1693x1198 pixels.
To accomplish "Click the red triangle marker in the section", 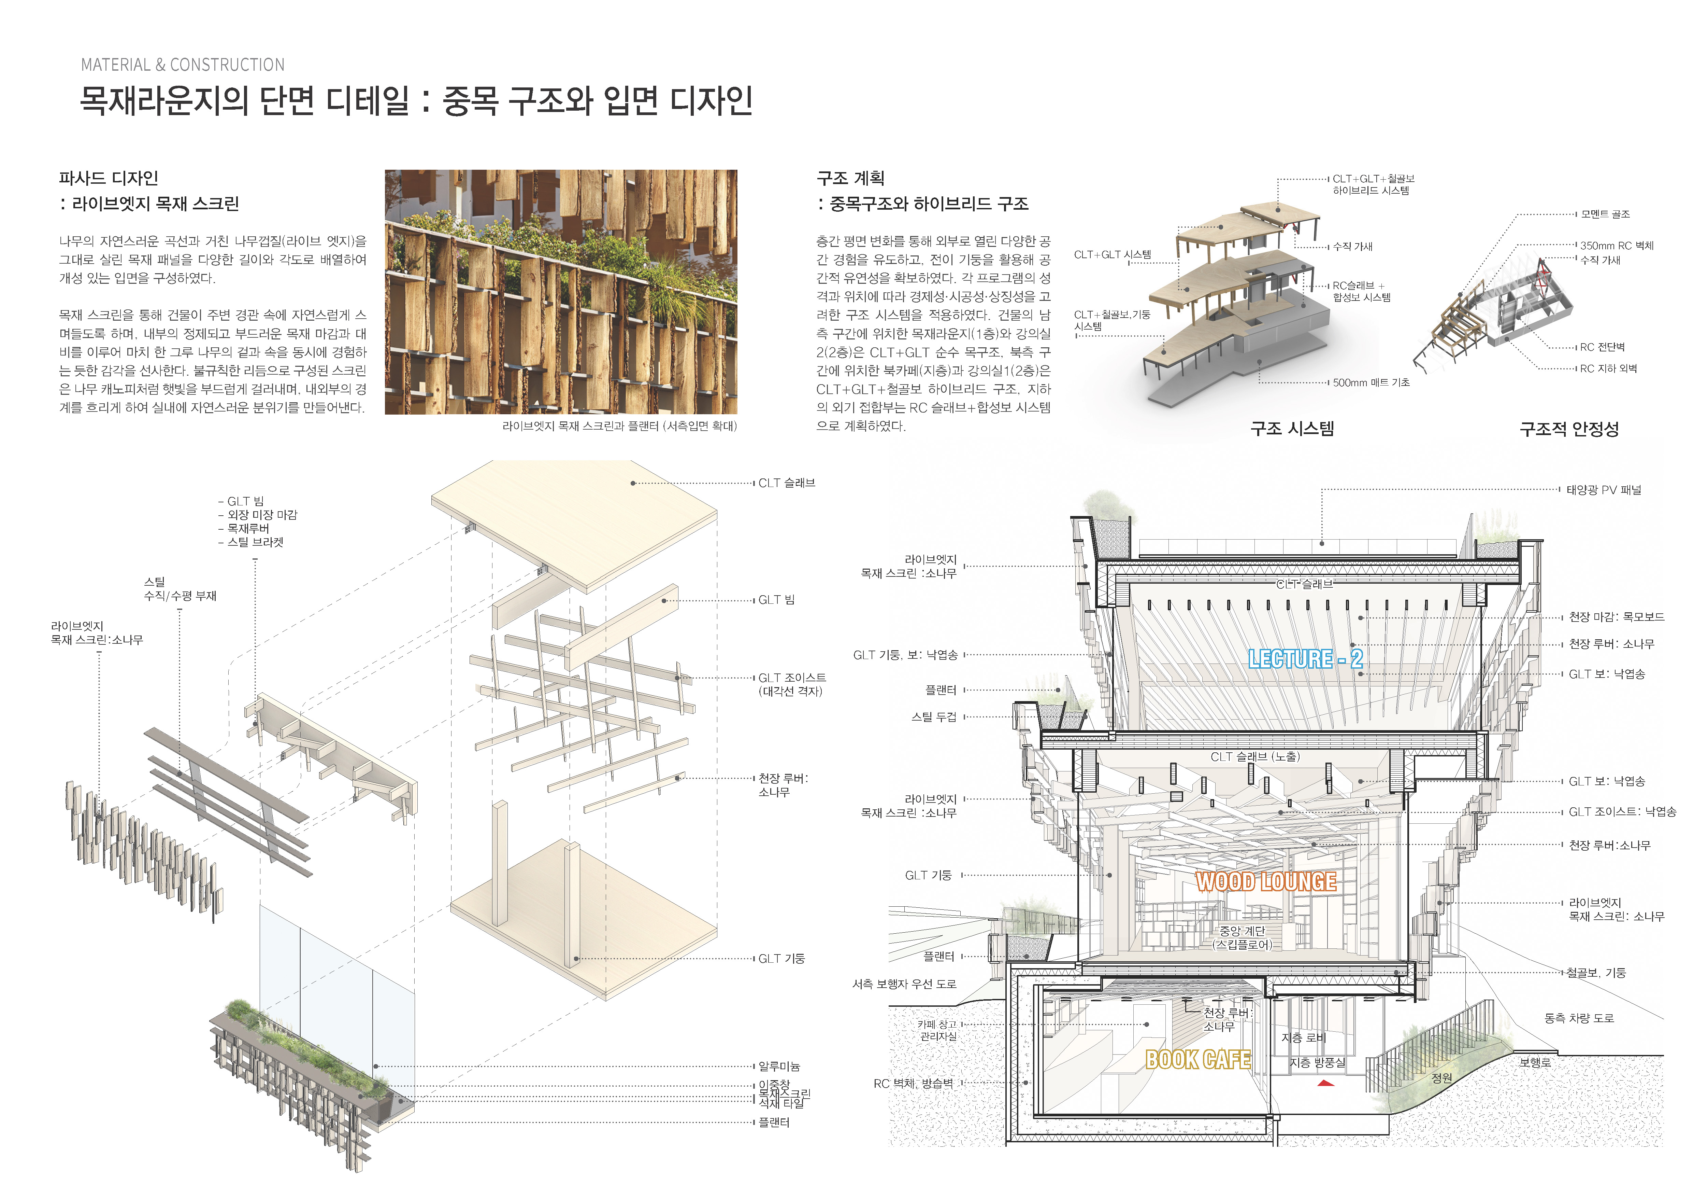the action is [1326, 1083].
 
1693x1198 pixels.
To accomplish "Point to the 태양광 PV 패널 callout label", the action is [1604, 490].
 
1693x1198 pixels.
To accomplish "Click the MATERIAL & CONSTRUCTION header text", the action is [183, 65].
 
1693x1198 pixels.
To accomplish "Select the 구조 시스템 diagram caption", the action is [1292, 429].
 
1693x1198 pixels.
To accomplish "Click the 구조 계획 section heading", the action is [850, 178].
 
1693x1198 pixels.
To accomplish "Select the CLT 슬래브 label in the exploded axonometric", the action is [787, 483].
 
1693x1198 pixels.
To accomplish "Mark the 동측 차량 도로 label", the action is [1579, 1018].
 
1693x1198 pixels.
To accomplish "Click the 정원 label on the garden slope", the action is [1441, 1078].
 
